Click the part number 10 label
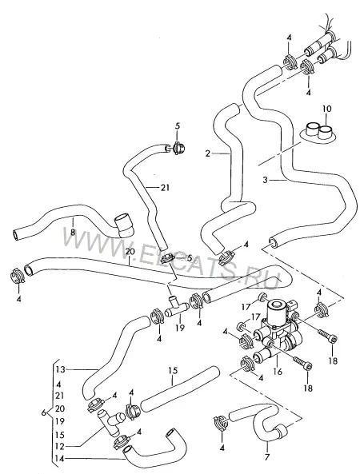326,109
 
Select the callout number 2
207,153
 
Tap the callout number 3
266,180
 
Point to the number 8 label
73,232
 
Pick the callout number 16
277,371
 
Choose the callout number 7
267,457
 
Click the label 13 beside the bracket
61,369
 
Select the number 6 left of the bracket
43,412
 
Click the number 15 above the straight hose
173,371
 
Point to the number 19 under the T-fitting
180,328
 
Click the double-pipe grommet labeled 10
318,133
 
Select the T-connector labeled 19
178,307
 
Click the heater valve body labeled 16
280,333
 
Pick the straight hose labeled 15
181,389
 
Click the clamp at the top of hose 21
178,148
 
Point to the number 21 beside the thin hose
165,188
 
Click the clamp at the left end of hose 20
17,276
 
